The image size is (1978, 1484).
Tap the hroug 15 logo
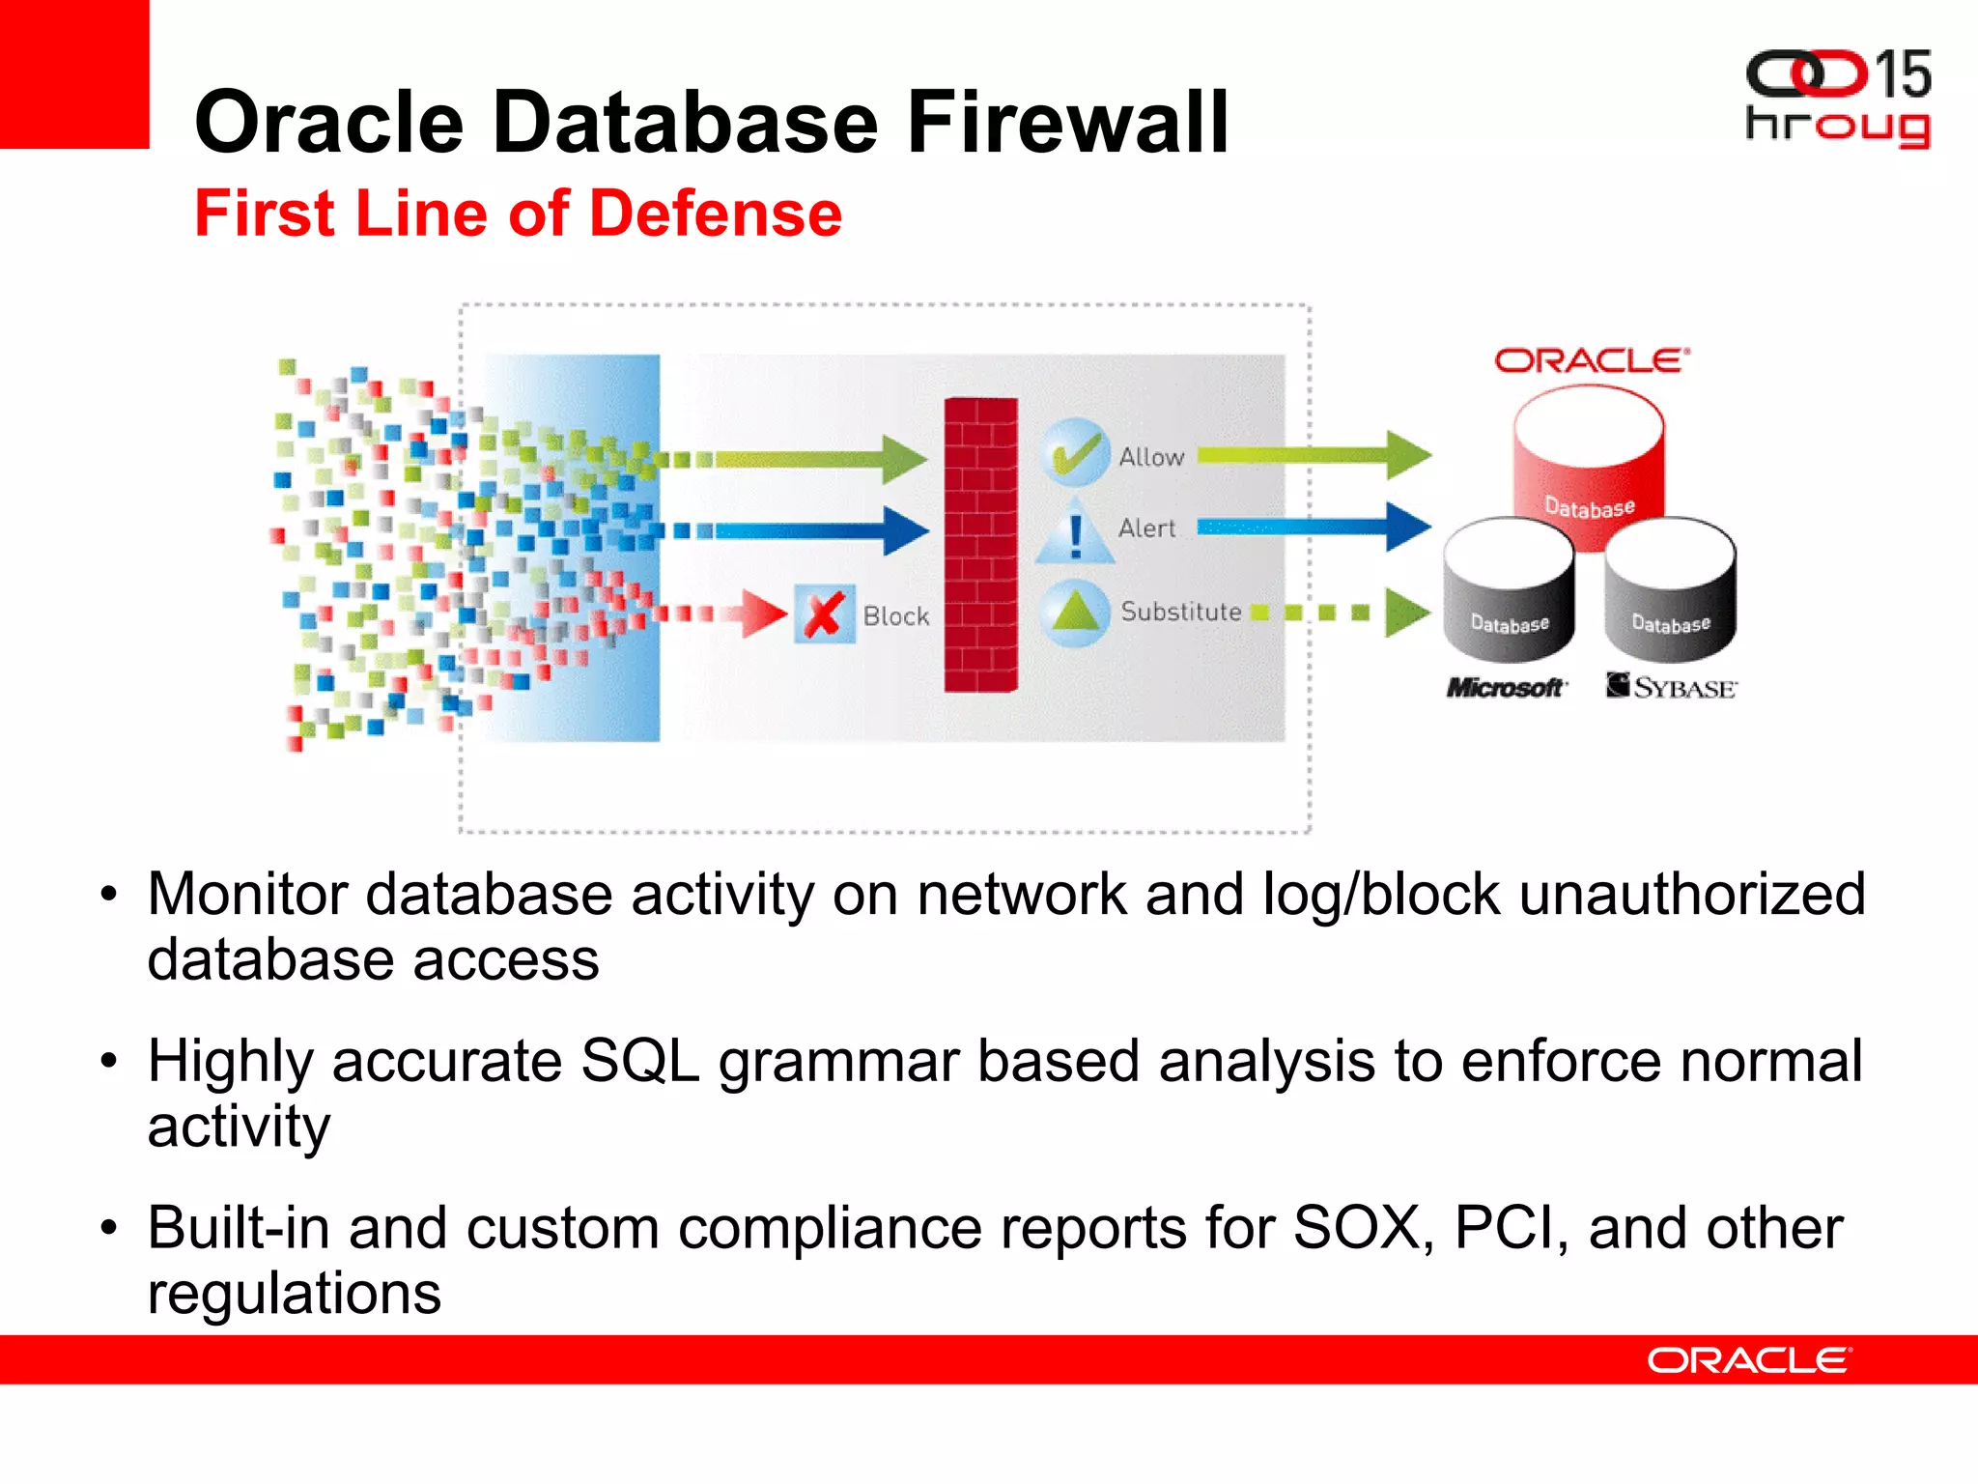(1837, 99)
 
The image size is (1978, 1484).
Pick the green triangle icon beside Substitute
(1075, 612)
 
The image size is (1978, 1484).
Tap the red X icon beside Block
(824, 614)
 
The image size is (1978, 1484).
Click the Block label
(895, 616)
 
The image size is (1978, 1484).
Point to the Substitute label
(1180, 612)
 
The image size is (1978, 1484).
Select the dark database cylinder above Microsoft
(1509, 589)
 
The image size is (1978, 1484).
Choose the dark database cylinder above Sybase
(1670, 589)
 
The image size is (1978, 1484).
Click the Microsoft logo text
(1505, 688)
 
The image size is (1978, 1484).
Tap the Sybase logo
(1671, 687)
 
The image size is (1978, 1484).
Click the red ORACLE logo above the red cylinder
(1591, 361)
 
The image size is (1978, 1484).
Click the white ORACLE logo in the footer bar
(1748, 1360)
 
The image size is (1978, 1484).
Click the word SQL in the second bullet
(639, 1062)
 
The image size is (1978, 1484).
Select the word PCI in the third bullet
(1511, 1229)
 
